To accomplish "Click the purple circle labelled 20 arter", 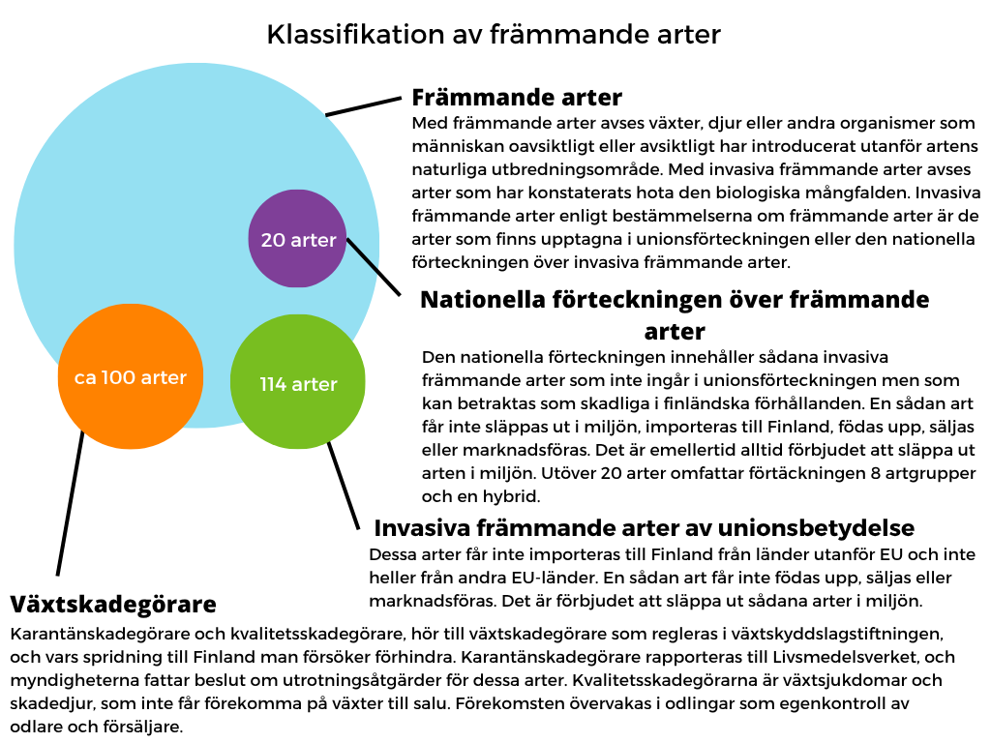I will (298, 239).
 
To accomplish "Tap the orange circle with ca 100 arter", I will (131, 376).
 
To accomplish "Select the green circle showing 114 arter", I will (298, 384).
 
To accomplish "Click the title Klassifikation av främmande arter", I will (494, 35).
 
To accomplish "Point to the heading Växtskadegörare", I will (113, 605).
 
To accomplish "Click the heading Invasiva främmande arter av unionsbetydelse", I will (644, 528).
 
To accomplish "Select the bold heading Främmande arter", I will (517, 98).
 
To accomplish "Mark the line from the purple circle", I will (373, 266).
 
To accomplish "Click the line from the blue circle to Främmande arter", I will (363, 106).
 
